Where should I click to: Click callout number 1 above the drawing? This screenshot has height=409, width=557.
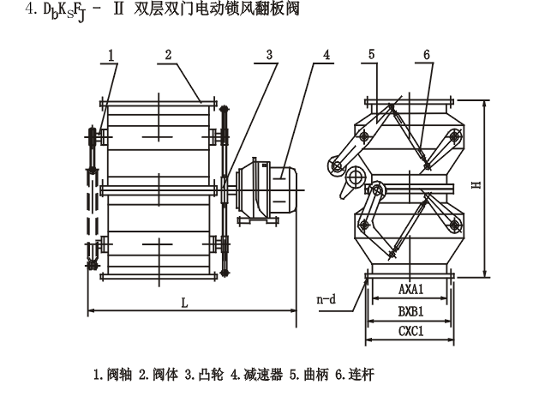click(111, 55)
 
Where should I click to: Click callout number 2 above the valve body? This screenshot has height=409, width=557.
click(169, 55)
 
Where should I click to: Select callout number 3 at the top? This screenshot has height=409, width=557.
click(269, 55)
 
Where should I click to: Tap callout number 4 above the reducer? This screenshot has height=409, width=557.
click(326, 55)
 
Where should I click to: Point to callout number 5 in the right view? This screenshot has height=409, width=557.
click(372, 55)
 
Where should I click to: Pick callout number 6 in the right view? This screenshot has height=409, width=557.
click(426, 55)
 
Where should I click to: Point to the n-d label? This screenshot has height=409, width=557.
click(326, 300)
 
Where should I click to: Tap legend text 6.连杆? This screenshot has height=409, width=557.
click(355, 375)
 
